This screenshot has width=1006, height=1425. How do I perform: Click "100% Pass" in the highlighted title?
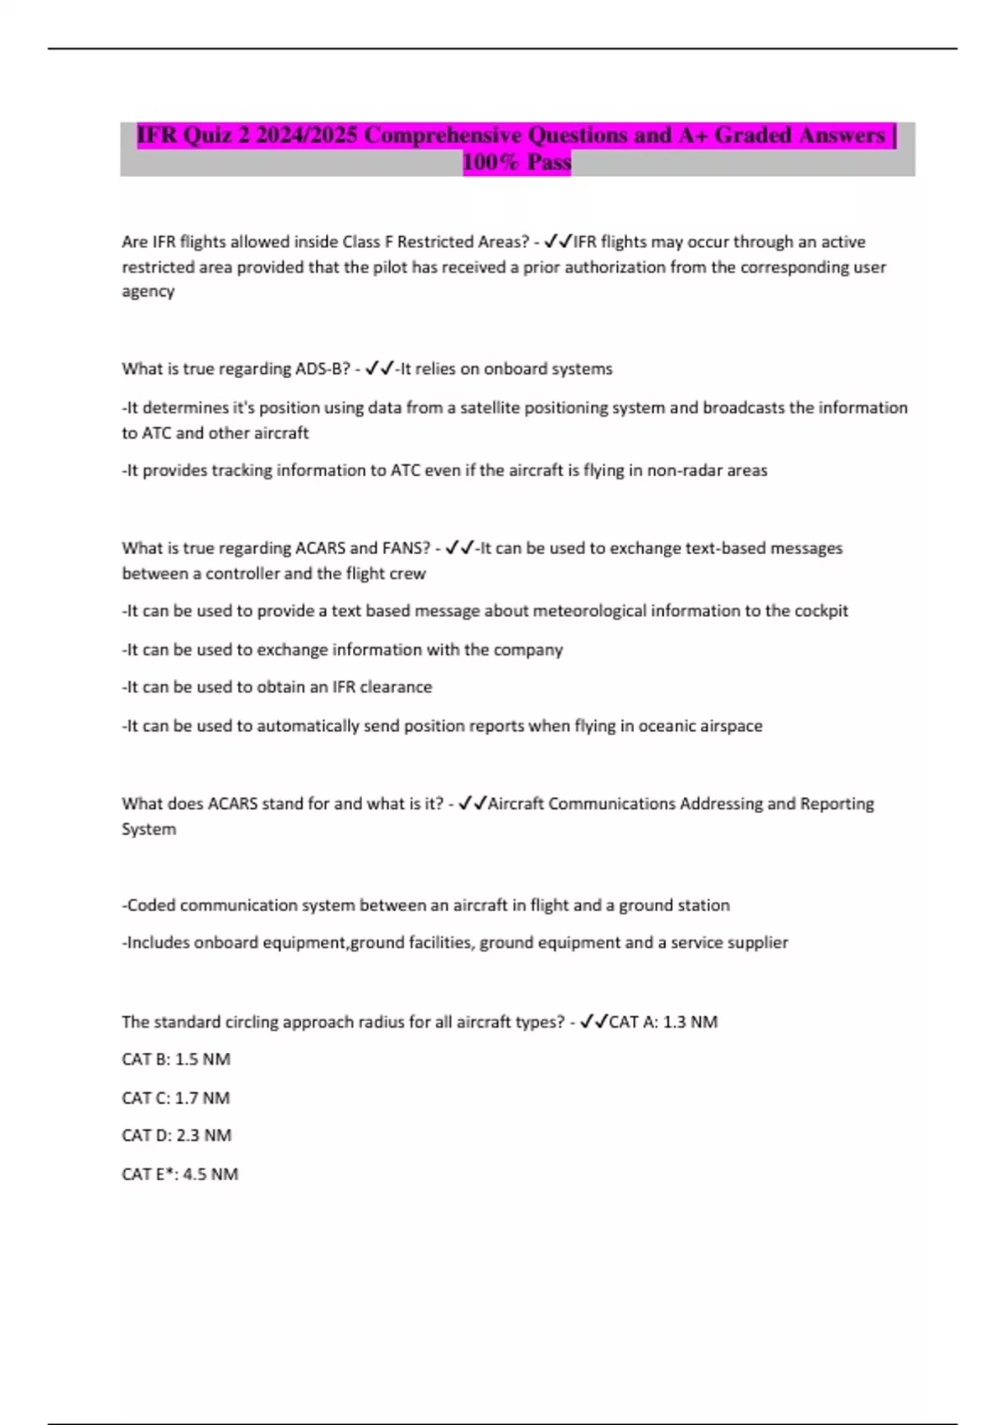(x=516, y=162)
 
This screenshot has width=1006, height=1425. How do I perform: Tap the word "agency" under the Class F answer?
(x=148, y=292)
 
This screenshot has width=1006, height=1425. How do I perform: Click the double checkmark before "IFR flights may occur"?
(x=557, y=241)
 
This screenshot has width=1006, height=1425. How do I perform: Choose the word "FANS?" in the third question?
(x=406, y=548)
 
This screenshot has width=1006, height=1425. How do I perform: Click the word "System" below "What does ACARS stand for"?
(x=148, y=829)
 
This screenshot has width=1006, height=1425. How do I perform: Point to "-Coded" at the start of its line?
(x=148, y=905)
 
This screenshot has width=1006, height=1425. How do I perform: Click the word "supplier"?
(x=753, y=942)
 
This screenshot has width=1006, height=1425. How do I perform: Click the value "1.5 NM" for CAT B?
(x=202, y=1060)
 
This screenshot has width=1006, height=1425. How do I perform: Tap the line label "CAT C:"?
(x=146, y=1098)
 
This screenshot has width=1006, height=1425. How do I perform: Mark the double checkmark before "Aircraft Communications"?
(x=472, y=804)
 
